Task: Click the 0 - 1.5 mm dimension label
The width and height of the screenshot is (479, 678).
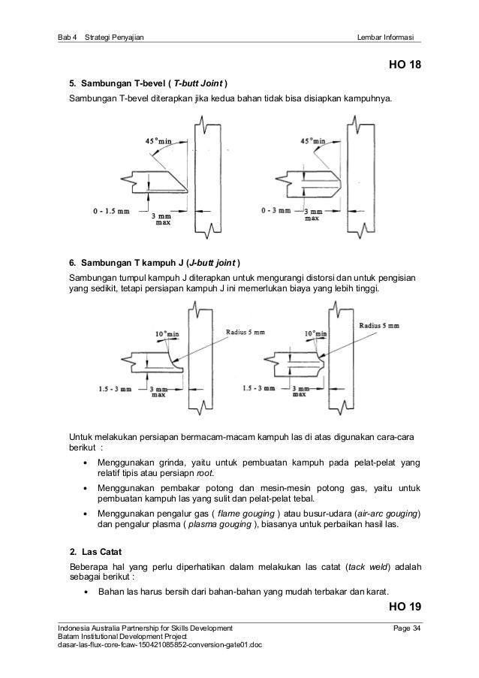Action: (111, 211)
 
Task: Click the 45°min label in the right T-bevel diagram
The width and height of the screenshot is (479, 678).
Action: (312, 140)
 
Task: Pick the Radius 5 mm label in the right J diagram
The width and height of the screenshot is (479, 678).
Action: (378, 325)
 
